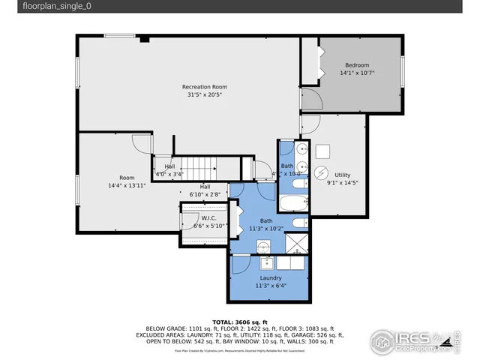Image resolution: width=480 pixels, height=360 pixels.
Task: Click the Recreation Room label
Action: click(x=204, y=87)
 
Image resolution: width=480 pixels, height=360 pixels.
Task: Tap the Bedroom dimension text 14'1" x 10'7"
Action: click(x=356, y=73)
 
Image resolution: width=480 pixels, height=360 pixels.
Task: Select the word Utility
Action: click(x=343, y=174)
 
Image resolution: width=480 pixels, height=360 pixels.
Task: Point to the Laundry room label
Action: click(x=271, y=277)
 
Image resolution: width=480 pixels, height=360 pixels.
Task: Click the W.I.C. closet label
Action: click(x=208, y=218)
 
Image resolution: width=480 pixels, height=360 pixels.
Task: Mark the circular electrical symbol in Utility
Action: click(x=320, y=172)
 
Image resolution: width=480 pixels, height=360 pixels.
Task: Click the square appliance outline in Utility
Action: click(x=322, y=148)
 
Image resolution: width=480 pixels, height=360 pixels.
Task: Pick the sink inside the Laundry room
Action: click(x=265, y=262)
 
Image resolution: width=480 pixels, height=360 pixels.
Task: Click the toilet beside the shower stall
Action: click(x=297, y=223)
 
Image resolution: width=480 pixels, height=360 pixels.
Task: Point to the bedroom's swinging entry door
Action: click(x=311, y=99)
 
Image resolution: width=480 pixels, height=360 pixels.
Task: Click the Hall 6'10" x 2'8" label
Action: click(x=205, y=190)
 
